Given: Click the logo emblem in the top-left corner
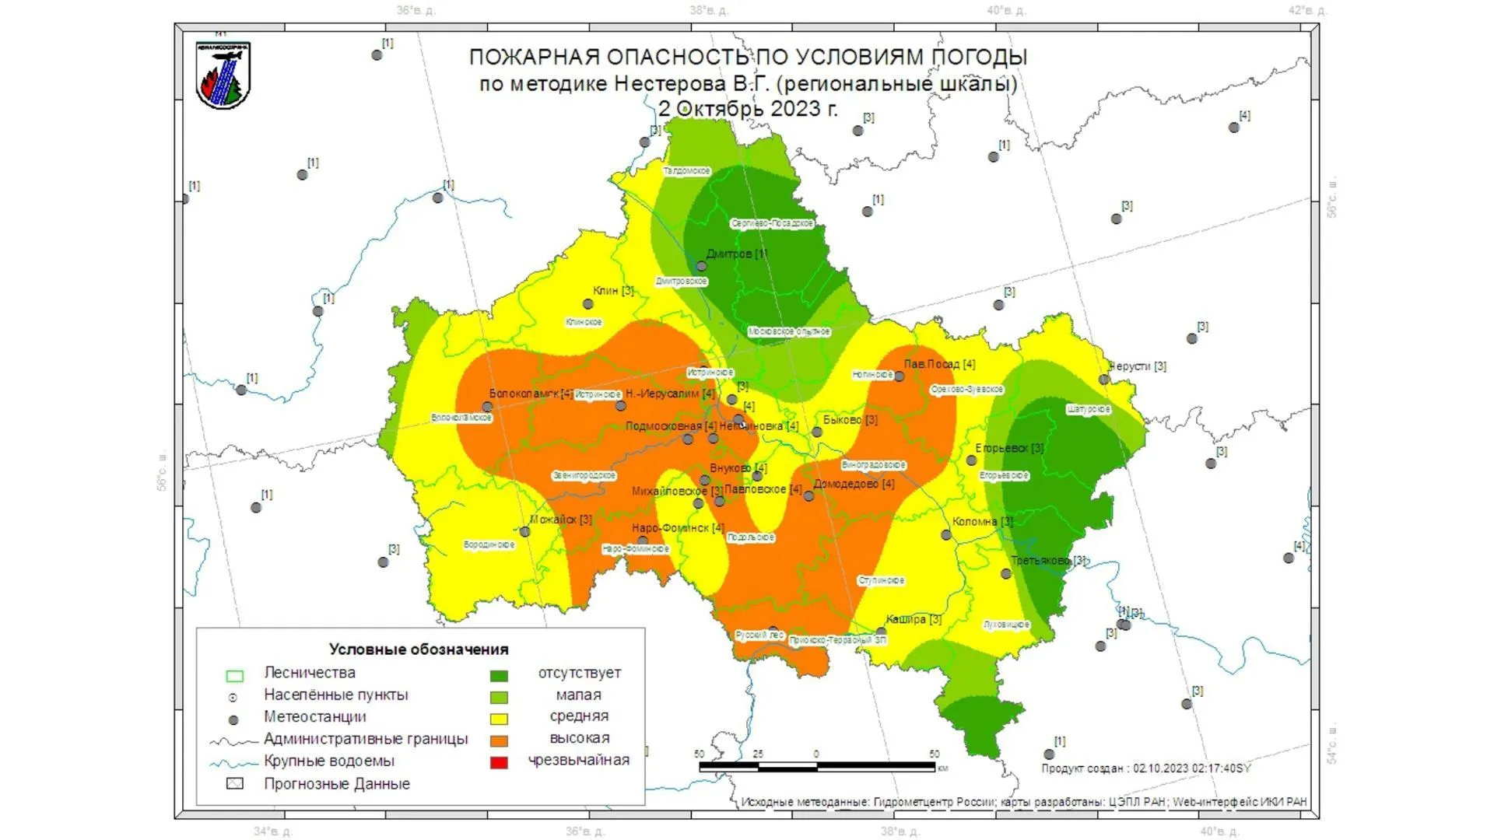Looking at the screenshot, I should pos(223,75).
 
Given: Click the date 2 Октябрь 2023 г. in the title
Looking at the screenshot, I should pos(748,109).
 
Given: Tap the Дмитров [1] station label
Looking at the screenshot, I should pos(735,254).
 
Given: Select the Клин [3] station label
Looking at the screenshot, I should pos(613,291).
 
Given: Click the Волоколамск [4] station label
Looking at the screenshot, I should pos(531,394).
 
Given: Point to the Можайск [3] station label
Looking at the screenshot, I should pos(561,520).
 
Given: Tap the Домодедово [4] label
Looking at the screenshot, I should pos(854,484).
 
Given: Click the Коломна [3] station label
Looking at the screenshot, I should pos(982,522).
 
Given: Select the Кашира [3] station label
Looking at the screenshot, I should pos(914,620).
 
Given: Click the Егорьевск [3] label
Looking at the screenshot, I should pos(1009,448).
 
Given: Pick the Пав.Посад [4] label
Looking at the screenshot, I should pos(939,364).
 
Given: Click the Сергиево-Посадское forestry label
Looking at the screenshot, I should pos(772,224).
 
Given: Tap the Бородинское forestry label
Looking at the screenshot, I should pos(489,545).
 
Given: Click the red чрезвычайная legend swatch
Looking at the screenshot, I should pos(499,762).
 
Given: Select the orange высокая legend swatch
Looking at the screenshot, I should pos(499,740).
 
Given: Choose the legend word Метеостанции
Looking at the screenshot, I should pos(314,717).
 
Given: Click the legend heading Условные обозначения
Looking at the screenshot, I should pos(418,649).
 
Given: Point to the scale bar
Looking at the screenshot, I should pos(817,767).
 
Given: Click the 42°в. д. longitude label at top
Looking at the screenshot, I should pos(1307,11).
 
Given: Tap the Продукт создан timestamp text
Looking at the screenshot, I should pos(1145,768).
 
